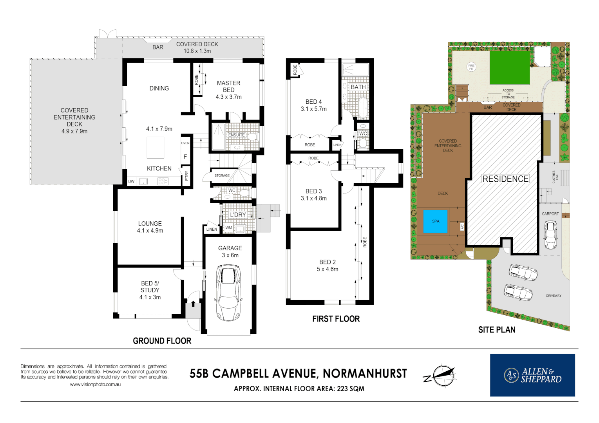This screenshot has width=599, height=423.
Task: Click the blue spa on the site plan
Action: [x=435, y=221]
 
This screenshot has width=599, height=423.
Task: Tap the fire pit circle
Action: [x=471, y=67]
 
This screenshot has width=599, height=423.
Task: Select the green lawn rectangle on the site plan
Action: [x=509, y=67]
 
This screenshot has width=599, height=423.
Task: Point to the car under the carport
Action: [x=550, y=235]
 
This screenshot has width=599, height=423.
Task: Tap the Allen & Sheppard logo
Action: [x=532, y=375]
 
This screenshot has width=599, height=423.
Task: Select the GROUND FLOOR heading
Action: [x=162, y=341]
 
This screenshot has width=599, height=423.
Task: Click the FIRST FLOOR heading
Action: [x=336, y=319]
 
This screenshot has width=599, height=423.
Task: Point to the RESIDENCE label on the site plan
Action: [x=505, y=179]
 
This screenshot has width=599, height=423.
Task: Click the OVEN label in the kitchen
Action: [x=185, y=143]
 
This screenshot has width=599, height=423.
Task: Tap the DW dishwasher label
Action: [x=131, y=181]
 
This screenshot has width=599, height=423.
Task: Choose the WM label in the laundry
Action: [x=229, y=228]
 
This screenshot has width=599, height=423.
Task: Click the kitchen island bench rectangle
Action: [x=156, y=148]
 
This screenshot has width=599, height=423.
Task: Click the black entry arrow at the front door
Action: [x=193, y=304]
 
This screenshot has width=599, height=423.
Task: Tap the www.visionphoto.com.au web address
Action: [x=95, y=385]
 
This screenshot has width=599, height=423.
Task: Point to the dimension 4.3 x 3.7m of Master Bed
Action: [x=229, y=97]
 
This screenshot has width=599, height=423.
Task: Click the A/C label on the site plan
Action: [x=462, y=227]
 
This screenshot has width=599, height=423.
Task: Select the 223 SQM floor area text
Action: [x=351, y=389]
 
